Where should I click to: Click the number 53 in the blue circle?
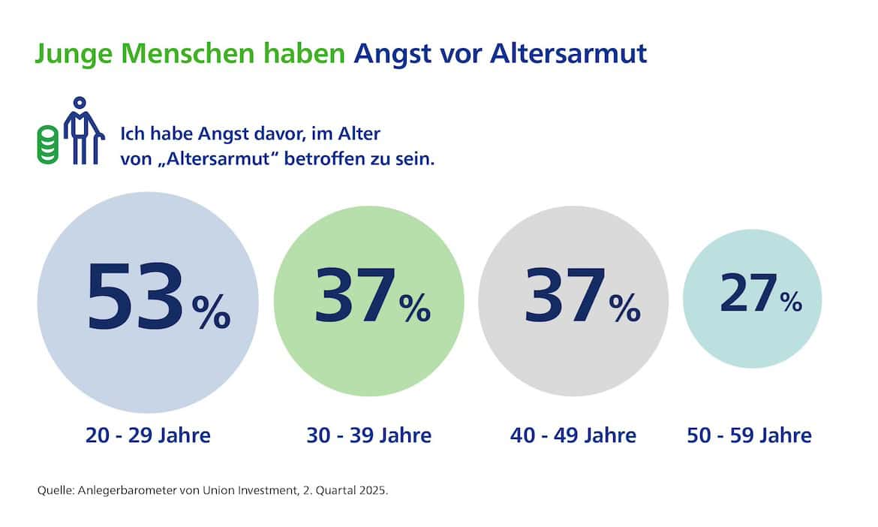click(x=135, y=297)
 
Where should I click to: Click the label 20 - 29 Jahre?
click(x=148, y=435)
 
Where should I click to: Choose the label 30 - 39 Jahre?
click(x=368, y=435)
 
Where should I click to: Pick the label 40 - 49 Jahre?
click(x=573, y=435)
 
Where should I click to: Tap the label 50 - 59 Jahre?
click(x=749, y=435)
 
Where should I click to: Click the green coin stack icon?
click(x=48, y=145)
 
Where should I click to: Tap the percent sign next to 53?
click(x=211, y=312)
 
